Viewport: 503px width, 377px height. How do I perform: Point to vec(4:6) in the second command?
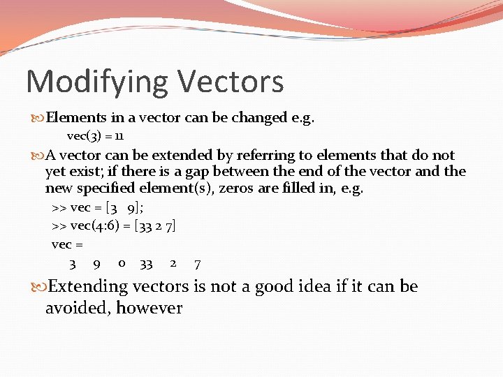pos(91,226)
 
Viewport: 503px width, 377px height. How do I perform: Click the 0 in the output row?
pos(122,263)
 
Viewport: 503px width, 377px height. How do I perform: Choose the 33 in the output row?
pos(146,264)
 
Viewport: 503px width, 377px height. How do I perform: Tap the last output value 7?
pos(198,264)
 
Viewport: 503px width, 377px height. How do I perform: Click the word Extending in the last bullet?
pos(88,286)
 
